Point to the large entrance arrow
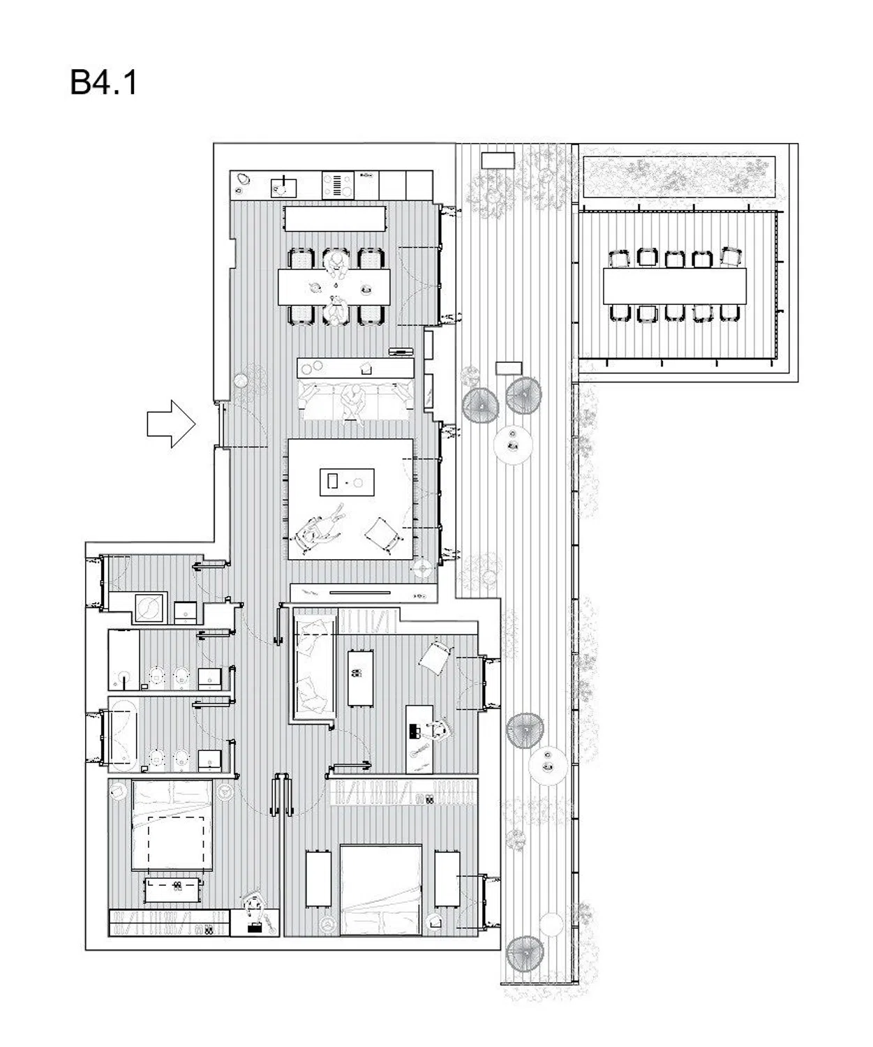point(171,424)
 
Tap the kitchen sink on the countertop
point(283,188)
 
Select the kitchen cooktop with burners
point(338,185)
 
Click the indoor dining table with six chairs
point(334,288)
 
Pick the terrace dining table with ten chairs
point(674,285)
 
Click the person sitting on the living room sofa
point(354,401)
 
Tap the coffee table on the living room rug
point(347,482)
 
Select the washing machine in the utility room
point(149,608)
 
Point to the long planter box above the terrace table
point(680,177)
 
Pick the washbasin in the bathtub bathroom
point(209,760)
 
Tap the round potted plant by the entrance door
point(241,381)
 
